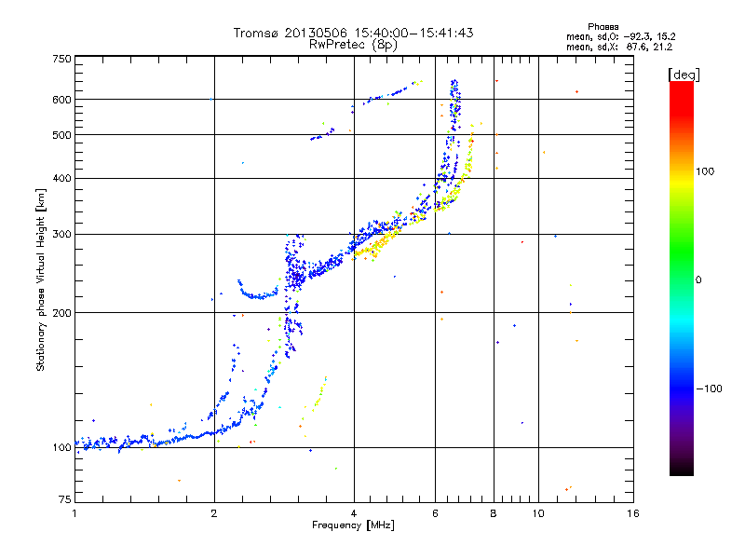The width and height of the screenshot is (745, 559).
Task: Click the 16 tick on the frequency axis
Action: coord(633,513)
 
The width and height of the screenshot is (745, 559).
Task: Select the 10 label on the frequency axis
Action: coord(537,513)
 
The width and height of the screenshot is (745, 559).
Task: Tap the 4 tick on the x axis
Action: coord(354,513)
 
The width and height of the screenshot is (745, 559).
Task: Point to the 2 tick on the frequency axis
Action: coord(214,513)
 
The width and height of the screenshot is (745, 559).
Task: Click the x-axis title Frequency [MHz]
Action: coord(354,526)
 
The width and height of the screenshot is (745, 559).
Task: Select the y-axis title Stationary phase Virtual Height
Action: coord(41,279)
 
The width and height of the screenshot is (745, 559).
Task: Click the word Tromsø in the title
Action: coord(259,33)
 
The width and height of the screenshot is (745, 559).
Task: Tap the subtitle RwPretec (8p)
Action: coord(353,44)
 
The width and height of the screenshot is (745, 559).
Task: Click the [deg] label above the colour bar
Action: coord(684,74)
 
